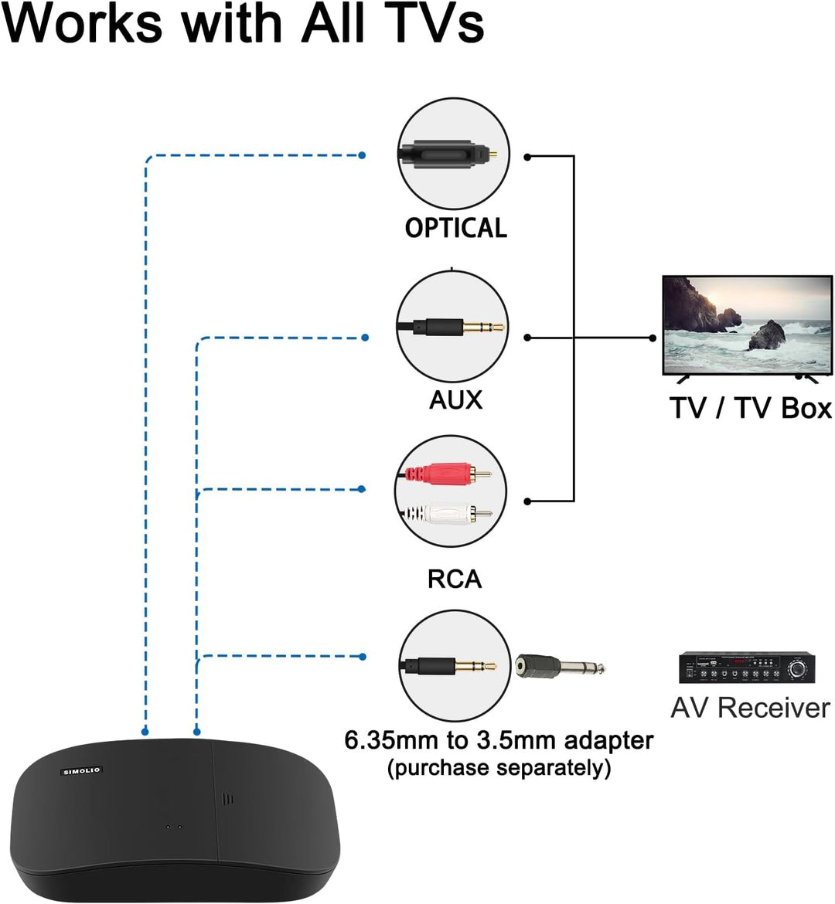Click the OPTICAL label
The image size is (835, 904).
coord(456,228)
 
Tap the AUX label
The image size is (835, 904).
coord(455,399)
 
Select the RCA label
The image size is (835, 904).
coord(455,579)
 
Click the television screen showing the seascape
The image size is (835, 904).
coord(747,325)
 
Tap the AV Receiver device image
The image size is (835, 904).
coord(747,668)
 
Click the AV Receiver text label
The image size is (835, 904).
coord(750,708)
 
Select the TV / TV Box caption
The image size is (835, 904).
coord(750,408)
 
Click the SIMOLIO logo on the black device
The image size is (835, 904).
coord(82,770)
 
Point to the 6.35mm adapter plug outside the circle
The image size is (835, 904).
coord(561,666)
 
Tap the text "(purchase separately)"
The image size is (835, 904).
coord(499,768)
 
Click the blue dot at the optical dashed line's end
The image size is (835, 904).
coord(362,155)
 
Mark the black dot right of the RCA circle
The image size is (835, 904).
coord(527,501)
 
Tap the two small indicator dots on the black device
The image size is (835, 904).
coord(174,827)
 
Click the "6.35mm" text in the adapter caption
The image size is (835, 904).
coord(390,740)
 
